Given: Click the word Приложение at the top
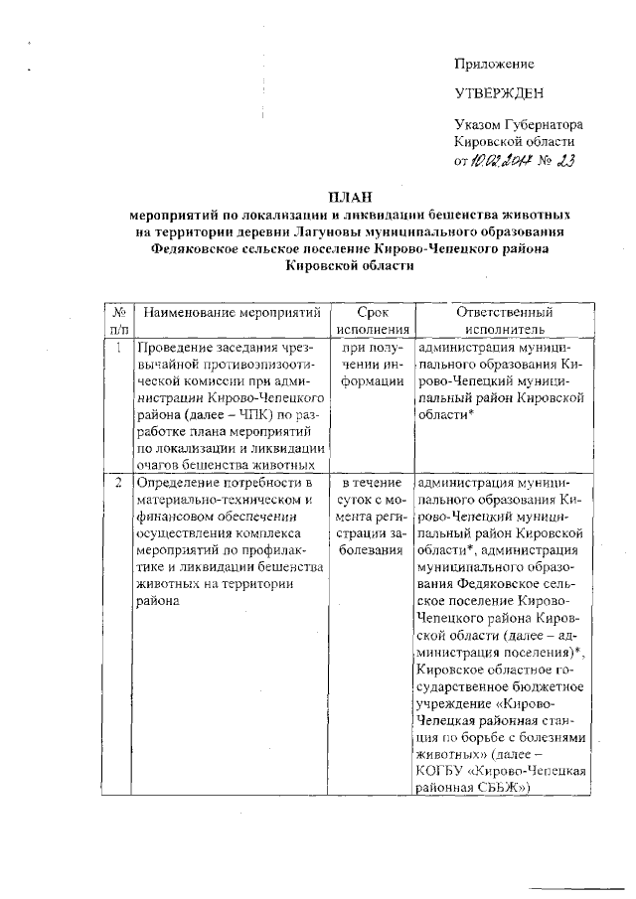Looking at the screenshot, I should [494, 64].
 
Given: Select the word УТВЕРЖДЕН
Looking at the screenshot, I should [498, 94].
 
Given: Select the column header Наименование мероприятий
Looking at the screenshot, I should [232, 313].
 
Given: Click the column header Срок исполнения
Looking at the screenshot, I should [374, 321].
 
